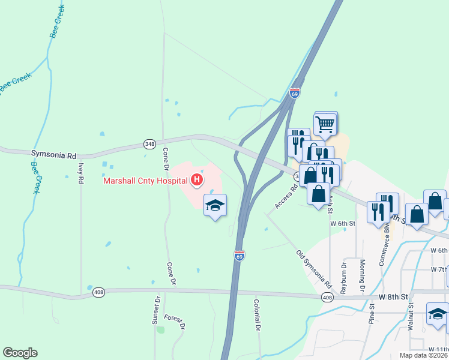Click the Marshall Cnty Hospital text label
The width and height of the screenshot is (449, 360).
144,180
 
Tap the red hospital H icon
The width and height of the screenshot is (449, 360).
196,179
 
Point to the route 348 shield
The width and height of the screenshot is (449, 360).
149,144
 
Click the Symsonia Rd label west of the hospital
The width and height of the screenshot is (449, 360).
54,155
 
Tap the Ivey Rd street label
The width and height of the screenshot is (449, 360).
80,175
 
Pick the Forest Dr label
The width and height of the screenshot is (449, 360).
176,322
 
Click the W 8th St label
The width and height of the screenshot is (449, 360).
393,297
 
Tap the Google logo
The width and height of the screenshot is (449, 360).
20,353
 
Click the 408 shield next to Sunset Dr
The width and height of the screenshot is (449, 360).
98,293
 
